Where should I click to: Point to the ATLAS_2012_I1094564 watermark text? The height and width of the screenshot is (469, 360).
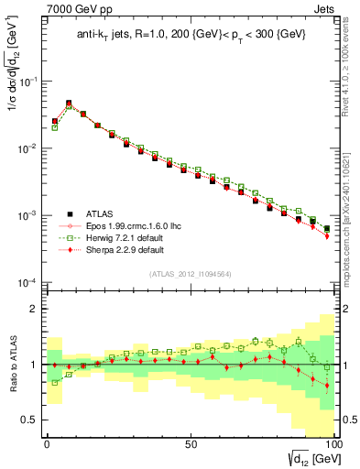189,273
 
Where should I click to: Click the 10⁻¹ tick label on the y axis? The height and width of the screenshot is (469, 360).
28,82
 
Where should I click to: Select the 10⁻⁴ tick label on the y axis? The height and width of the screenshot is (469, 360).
28,282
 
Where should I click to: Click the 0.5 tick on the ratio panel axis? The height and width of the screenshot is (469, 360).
28,420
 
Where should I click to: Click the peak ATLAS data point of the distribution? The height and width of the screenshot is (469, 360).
69,104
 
